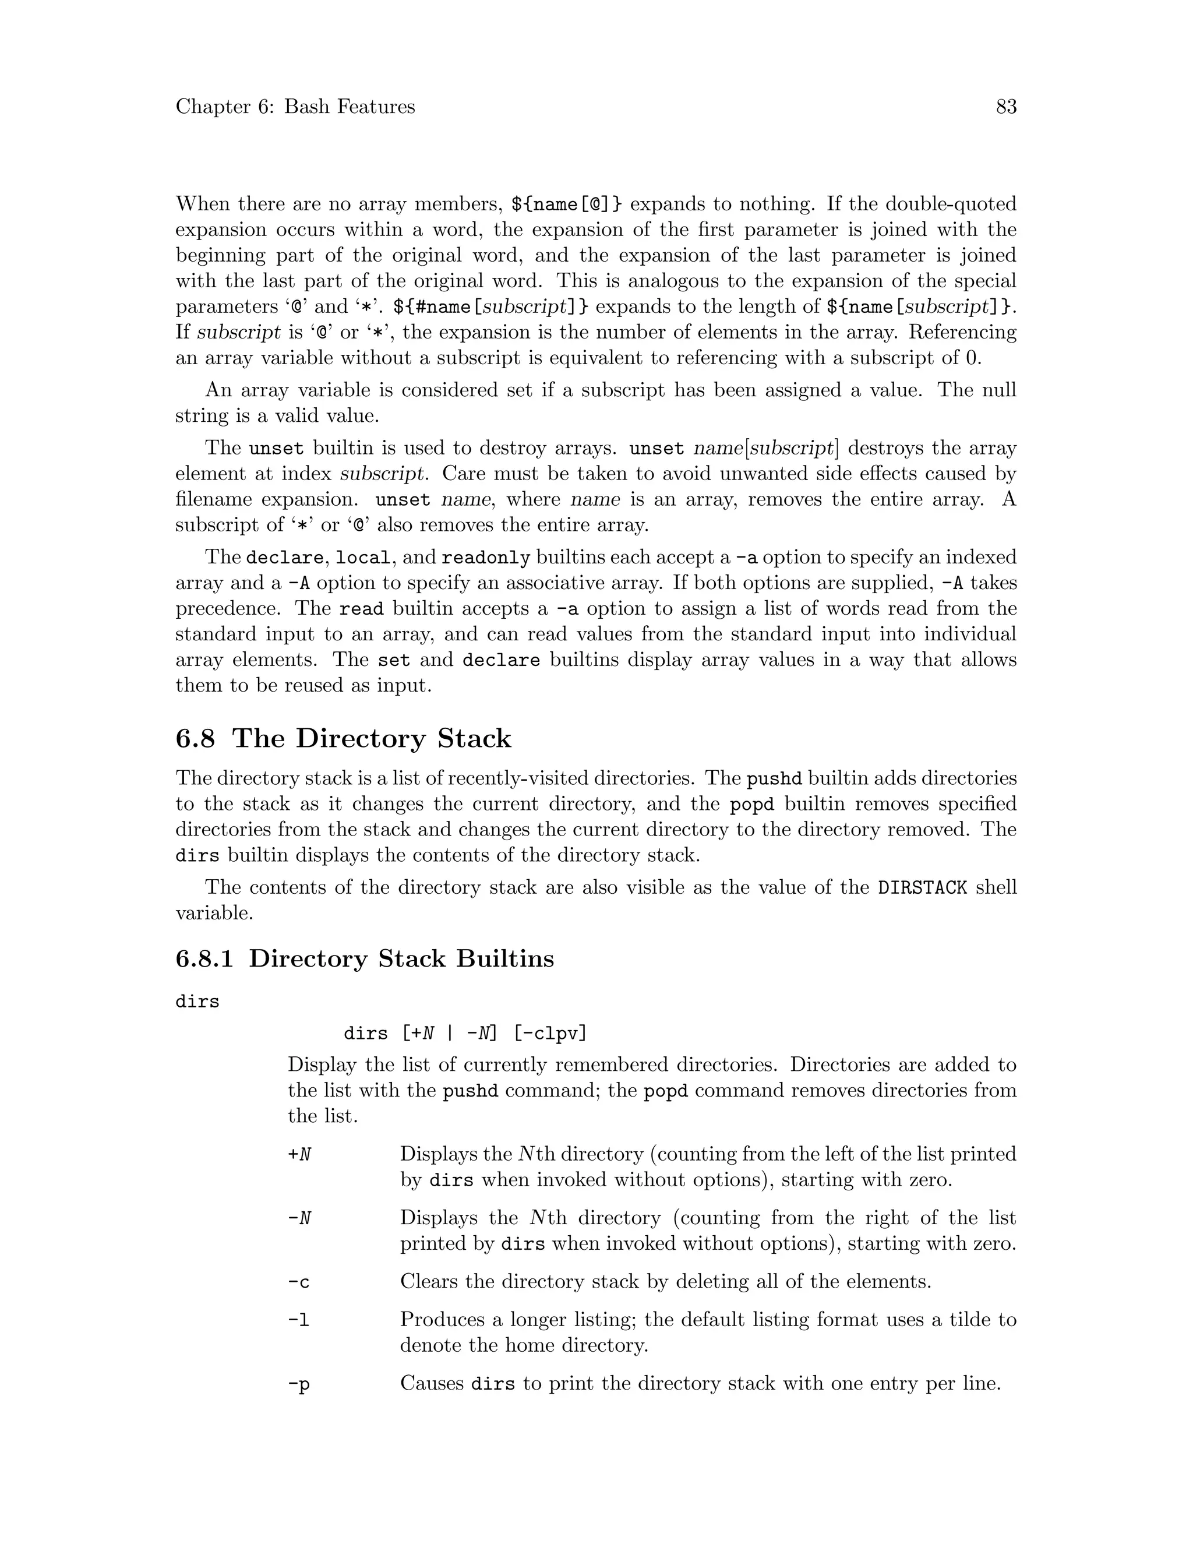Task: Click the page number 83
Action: pos(1005,107)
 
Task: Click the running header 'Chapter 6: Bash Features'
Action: pos(295,107)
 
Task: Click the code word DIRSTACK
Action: pos(922,887)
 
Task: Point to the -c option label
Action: pos(299,1282)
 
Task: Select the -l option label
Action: pos(299,1320)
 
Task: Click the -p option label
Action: pos(299,1384)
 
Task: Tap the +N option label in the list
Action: pos(299,1154)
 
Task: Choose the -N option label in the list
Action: pos(299,1218)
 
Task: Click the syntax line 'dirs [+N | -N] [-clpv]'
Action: pos(465,1034)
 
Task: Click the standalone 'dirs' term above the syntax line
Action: pos(197,1002)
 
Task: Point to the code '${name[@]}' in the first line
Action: pos(567,205)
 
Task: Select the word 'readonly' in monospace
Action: pos(486,558)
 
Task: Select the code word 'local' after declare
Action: pos(362,558)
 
